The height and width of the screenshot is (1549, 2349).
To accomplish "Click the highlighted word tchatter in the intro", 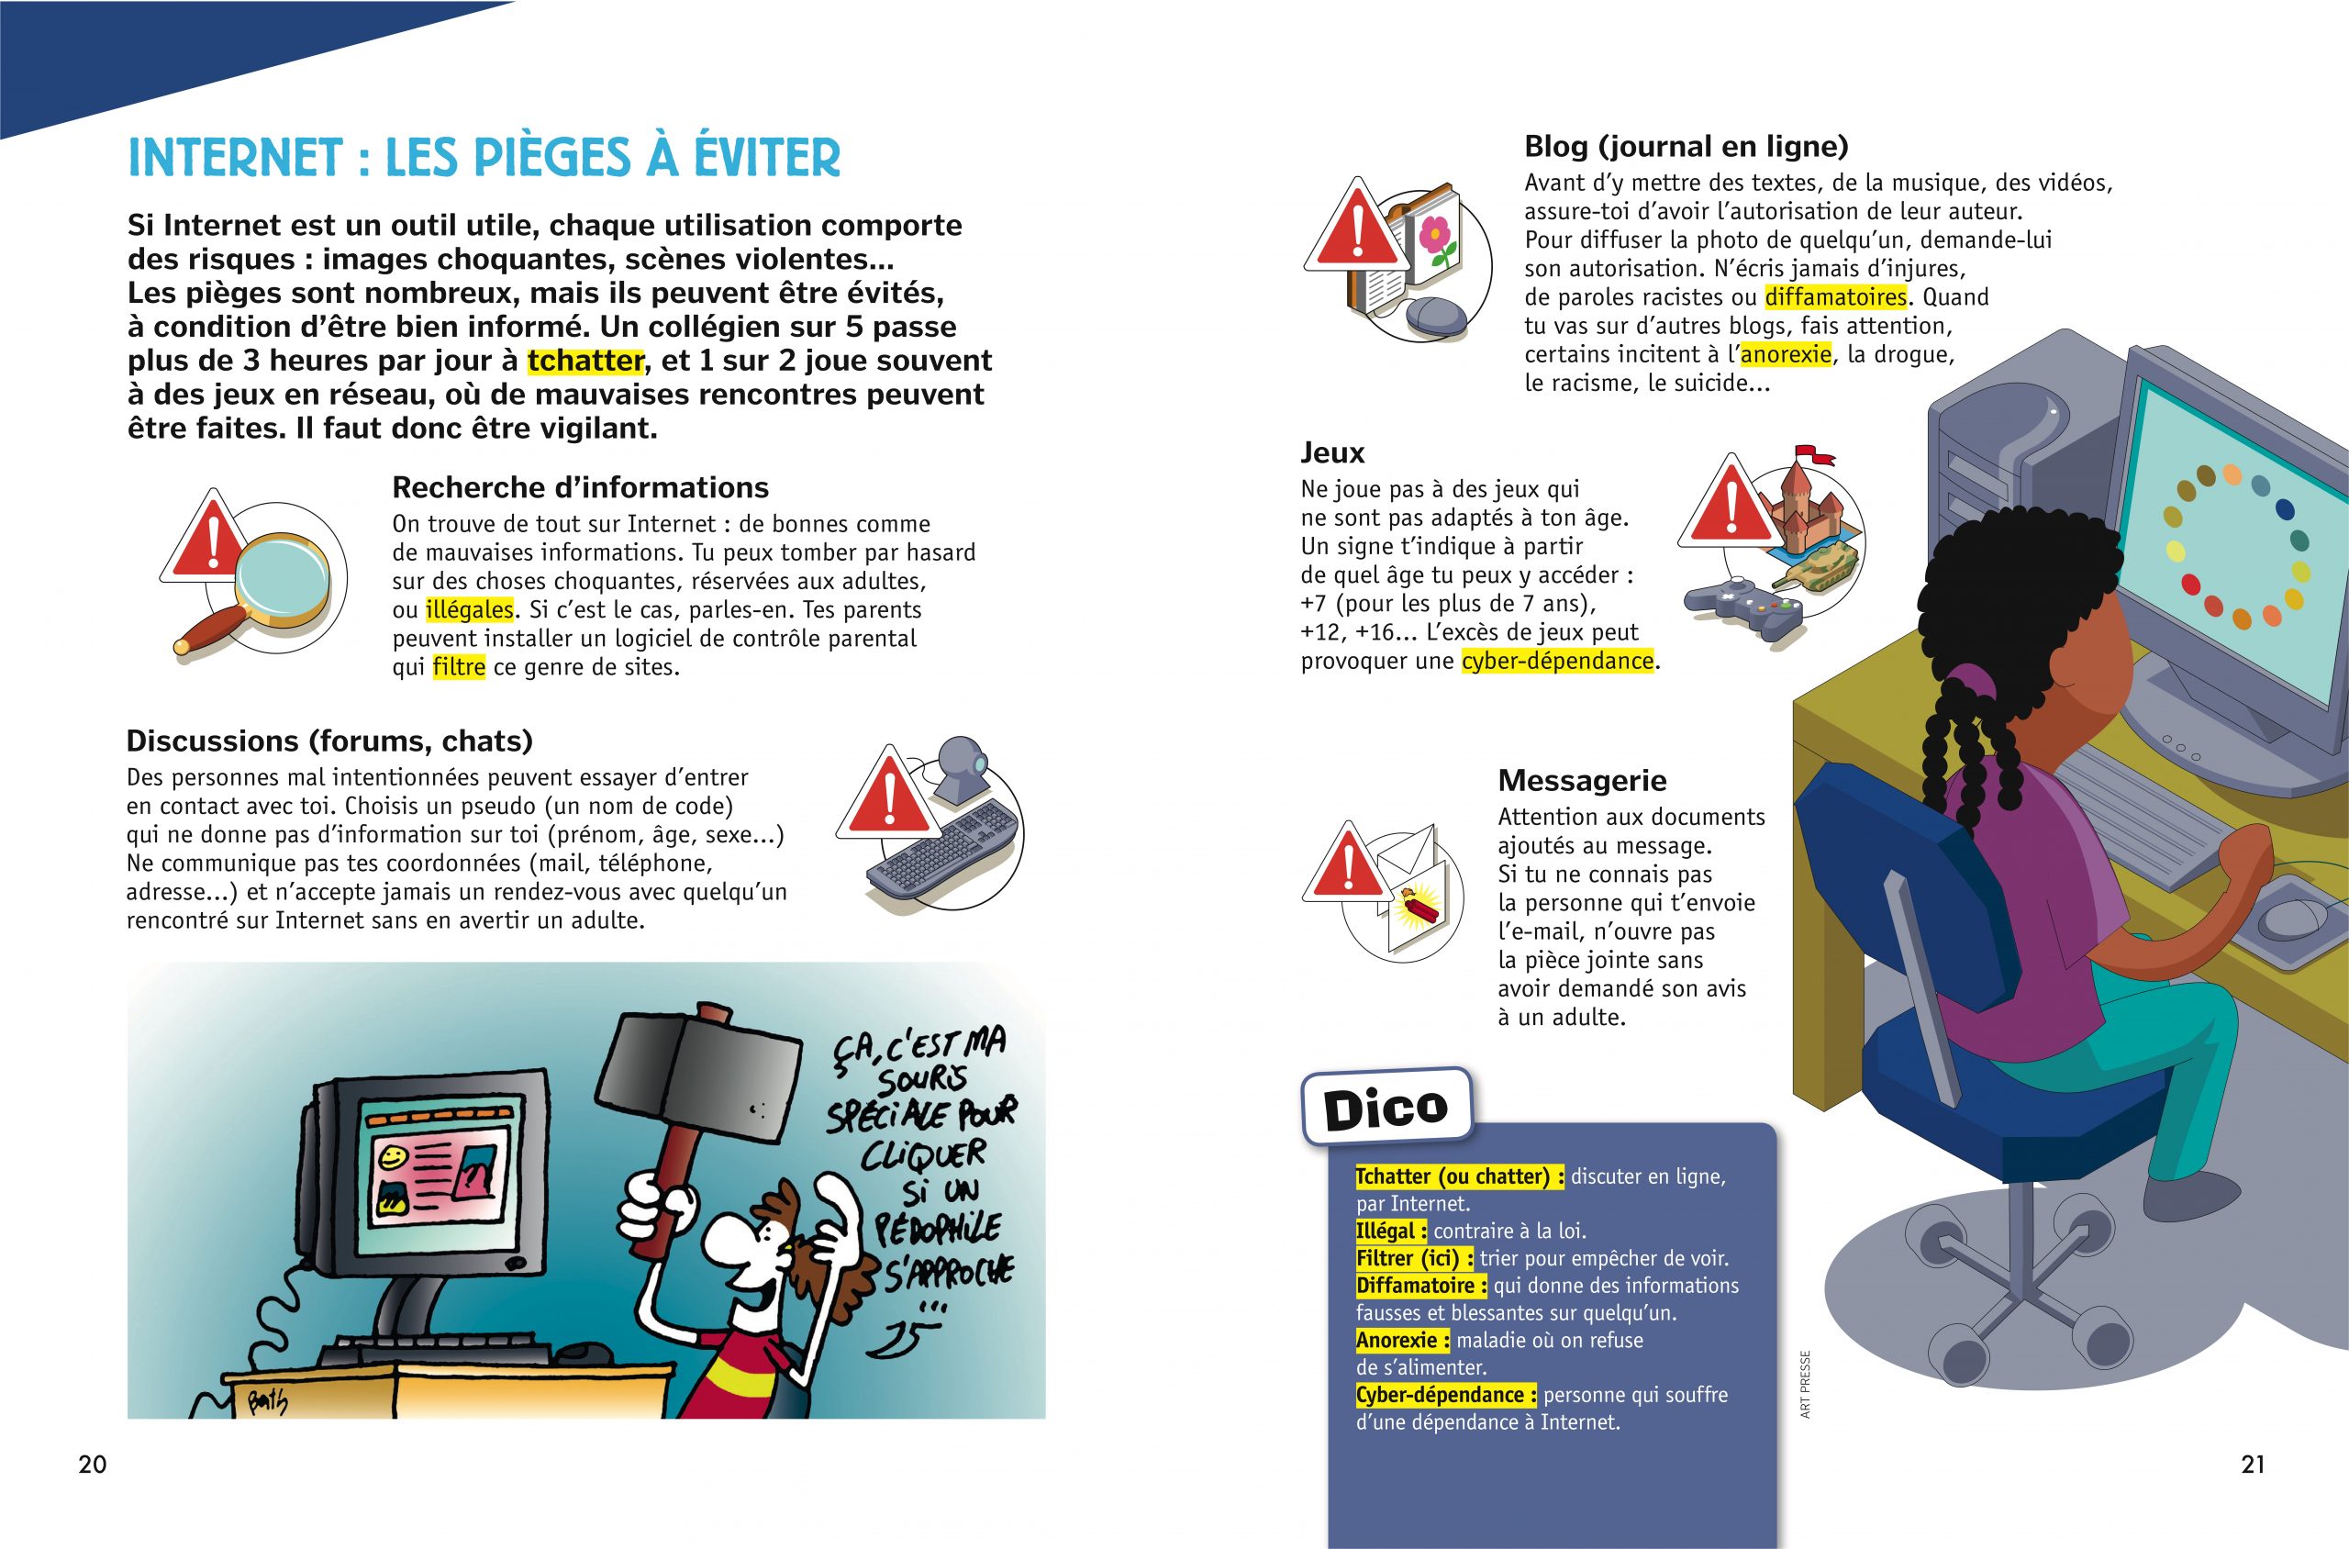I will (584, 361).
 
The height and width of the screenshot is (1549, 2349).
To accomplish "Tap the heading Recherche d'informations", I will (580, 487).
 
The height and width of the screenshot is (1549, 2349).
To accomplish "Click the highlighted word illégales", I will (469, 609).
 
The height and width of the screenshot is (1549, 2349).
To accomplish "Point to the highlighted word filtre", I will (459, 667).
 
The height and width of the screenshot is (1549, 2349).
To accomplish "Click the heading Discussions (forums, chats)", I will (328, 741).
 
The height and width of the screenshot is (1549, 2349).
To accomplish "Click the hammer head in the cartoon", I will (703, 1073).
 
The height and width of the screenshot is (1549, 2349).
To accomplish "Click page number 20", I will (92, 1464).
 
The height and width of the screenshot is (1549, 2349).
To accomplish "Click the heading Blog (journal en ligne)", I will (1686, 146).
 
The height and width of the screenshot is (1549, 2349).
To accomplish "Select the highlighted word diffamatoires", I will (1835, 297).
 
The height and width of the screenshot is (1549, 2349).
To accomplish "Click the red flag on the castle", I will (1816, 456).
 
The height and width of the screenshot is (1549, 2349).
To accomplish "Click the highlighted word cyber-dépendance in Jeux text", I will (1557, 661).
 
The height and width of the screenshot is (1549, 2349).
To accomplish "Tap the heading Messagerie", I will (1582, 780).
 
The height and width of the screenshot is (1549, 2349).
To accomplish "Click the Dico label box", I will (1386, 1108).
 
